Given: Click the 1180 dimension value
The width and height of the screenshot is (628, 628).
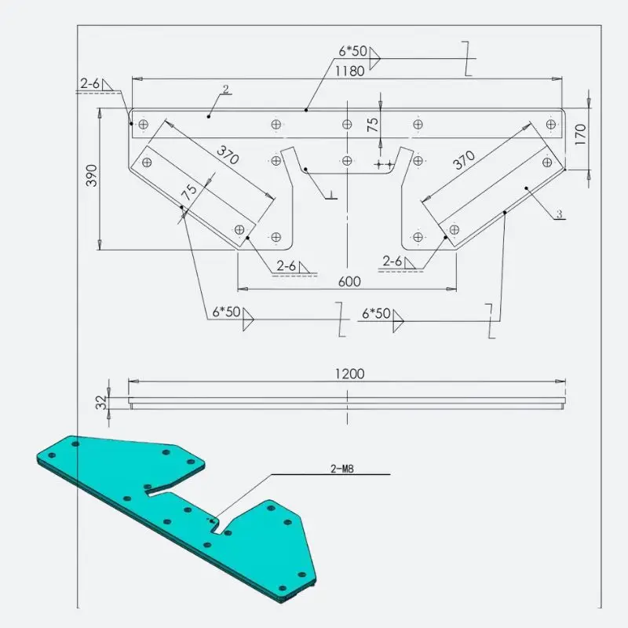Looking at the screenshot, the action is click(x=349, y=71).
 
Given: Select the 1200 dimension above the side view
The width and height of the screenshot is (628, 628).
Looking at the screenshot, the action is click(x=349, y=374).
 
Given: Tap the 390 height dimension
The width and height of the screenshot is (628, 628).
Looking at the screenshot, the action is click(x=92, y=175).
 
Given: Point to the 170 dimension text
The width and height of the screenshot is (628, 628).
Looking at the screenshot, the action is click(x=580, y=134).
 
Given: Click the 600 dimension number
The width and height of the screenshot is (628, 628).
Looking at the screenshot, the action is click(x=349, y=282).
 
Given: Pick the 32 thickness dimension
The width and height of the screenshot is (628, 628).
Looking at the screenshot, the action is click(x=102, y=402).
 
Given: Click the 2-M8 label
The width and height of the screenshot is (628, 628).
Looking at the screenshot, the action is click(x=342, y=469).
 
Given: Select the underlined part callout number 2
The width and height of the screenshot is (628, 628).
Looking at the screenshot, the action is click(x=226, y=89).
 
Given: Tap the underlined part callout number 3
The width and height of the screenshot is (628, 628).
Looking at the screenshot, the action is click(x=560, y=214).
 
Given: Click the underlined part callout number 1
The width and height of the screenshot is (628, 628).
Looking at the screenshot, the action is click(x=331, y=195).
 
